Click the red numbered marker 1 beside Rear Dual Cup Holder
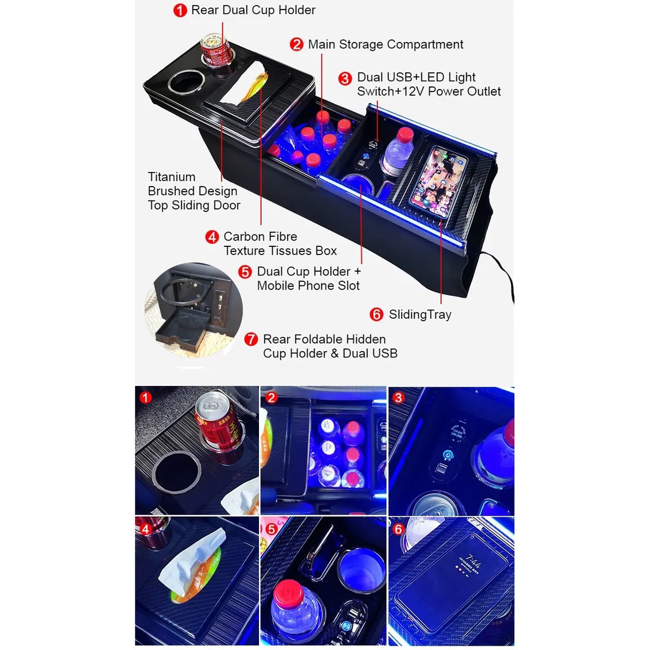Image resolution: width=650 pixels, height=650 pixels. (180, 10)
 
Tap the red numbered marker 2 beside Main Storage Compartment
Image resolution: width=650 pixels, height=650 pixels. (296, 44)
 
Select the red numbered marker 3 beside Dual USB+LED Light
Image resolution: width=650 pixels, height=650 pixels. (345, 78)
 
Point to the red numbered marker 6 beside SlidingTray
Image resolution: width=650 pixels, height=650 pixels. (376, 315)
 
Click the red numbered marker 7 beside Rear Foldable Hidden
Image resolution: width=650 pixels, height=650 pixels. (251, 339)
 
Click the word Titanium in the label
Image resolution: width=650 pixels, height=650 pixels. (171, 177)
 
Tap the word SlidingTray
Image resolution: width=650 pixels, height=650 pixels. (420, 315)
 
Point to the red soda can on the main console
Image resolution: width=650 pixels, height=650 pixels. (215, 50)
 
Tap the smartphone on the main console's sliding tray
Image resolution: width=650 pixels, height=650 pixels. (439, 181)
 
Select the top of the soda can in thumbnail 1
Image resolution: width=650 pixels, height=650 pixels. (212, 404)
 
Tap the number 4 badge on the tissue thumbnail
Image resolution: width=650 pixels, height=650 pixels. (145, 529)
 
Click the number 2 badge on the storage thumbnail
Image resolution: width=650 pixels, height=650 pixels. (272, 398)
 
